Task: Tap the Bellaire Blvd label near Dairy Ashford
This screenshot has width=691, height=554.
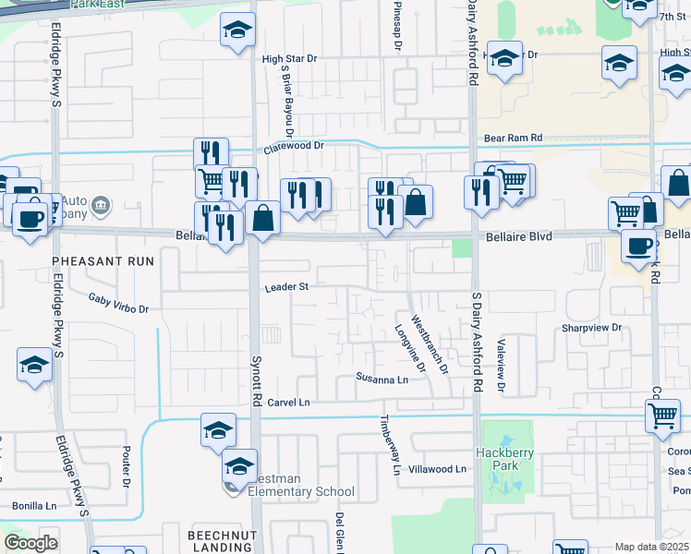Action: tap(517, 237)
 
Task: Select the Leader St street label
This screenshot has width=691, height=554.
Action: tap(285, 287)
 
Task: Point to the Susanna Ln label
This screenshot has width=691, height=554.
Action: tap(382, 379)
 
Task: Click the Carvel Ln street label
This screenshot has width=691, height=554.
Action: tap(288, 403)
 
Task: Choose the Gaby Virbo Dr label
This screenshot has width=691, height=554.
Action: tap(118, 303)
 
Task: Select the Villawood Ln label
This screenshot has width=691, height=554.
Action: tap(437, 469)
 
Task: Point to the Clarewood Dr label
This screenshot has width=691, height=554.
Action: tap(295, 146)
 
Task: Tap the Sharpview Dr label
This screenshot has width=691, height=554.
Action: tap(589, 328)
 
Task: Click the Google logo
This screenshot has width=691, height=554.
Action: tap(31, 543)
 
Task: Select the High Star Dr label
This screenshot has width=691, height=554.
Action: tap(289, 58)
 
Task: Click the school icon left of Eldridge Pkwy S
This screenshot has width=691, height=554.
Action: tap(34, 365)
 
